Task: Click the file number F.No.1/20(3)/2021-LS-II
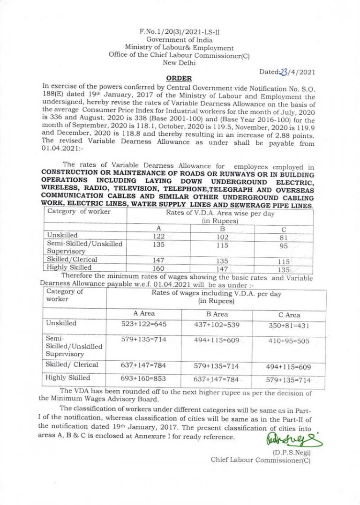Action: [x=180, y=32]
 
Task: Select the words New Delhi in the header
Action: [x=179, y=62]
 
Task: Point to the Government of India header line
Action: [x=180, y=40]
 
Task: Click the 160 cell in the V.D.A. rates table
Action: [x=159, y=268]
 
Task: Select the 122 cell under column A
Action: [x=159, y=237]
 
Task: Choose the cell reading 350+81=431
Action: [x=288, y=325]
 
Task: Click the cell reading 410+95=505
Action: [x=288, y=341]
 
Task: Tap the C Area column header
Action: [x=289, y=315]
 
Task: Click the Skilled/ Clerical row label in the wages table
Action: [x=72, y=364]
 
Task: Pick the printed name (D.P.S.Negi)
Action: [x=292, y=452]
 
